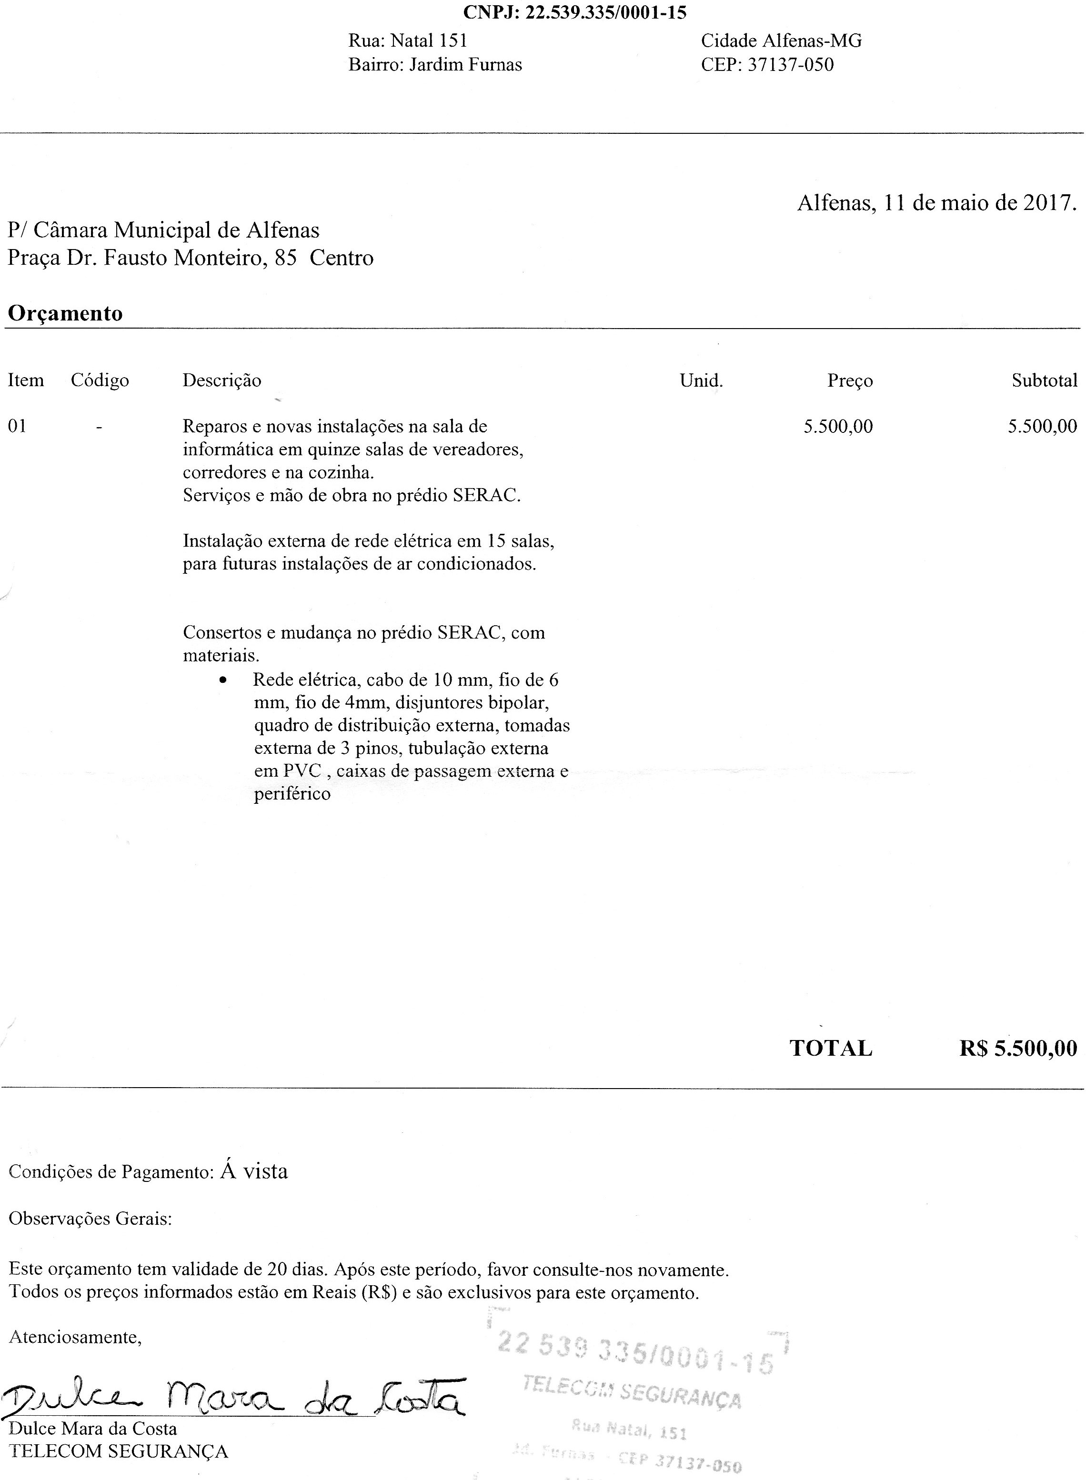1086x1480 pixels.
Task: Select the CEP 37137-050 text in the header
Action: (767, 64)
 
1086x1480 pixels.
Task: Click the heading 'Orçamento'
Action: (65, 313)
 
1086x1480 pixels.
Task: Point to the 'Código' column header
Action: (100, 380)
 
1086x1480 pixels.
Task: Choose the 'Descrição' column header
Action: (221, 380)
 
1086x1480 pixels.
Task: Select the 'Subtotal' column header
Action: (1044, 380)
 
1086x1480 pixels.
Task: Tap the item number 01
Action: (18, 427)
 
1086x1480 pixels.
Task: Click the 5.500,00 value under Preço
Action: (838, 427)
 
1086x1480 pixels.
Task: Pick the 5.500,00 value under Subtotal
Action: (1043, 427)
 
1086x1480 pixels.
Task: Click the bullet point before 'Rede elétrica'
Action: (224, 681)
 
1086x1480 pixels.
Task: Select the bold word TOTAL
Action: (831, 1048)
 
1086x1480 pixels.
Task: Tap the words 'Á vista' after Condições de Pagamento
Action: (254, 1171)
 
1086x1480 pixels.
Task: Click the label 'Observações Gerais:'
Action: (90, 1219)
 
